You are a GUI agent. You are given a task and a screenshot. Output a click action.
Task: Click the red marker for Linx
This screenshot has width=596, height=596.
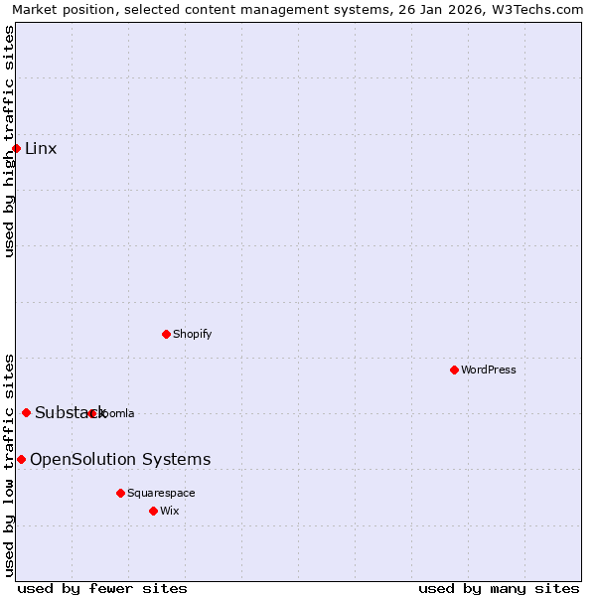coord(16,149)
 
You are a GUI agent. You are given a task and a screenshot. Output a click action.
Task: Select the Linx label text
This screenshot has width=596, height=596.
coord(41,149)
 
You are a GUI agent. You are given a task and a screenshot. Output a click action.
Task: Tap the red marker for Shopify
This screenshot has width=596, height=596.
coord(166,334)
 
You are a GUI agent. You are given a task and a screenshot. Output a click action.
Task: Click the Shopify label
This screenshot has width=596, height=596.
coord(192,334)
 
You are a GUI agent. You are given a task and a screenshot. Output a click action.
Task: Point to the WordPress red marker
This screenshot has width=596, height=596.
coord(454,370)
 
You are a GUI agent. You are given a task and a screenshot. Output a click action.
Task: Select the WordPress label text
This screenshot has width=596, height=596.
coord(488,370)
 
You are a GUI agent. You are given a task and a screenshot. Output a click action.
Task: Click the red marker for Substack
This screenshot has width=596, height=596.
coord(26,413)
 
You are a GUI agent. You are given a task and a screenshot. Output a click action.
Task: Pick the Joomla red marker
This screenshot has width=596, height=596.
coord(91,413)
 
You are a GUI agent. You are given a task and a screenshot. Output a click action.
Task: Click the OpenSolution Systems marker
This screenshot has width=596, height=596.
coord(21,459)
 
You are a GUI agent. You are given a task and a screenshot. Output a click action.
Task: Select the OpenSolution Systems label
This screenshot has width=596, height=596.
coord(120,459)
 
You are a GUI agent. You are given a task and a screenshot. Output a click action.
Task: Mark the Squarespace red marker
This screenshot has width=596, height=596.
coord(120,493)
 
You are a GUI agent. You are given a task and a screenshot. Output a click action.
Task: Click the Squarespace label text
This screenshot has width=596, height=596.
coord(161,493)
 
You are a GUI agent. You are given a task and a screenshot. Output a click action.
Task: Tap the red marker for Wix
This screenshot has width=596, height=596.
coord(153,511)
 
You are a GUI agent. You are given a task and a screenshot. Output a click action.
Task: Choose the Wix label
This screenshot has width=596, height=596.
coord(170,511)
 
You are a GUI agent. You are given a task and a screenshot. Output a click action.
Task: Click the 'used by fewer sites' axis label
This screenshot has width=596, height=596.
coord(102,588)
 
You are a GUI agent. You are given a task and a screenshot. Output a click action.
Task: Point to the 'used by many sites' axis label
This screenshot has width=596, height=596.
coord(499,588)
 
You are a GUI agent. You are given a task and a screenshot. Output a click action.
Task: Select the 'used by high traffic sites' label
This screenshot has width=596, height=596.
coord(9,141)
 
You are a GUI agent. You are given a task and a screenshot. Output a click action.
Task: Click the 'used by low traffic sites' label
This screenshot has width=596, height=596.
coord(9,464)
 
